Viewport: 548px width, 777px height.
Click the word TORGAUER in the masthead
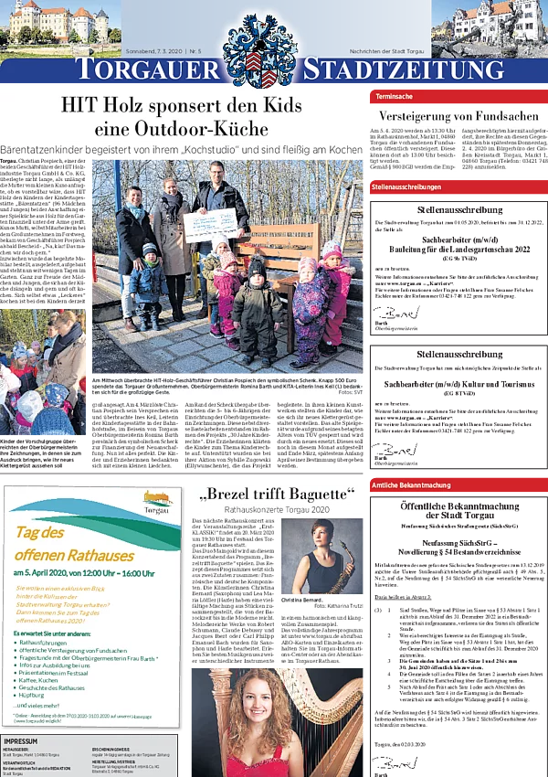pos(148,70)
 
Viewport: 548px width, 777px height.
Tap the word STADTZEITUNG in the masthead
pos(403,70)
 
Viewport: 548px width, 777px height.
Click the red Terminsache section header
pos(394,95)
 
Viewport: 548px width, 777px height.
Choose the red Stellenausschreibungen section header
pos(406,186)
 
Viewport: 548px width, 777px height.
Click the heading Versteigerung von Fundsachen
pos(457,117)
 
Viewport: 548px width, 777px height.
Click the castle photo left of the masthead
pos(60,23)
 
